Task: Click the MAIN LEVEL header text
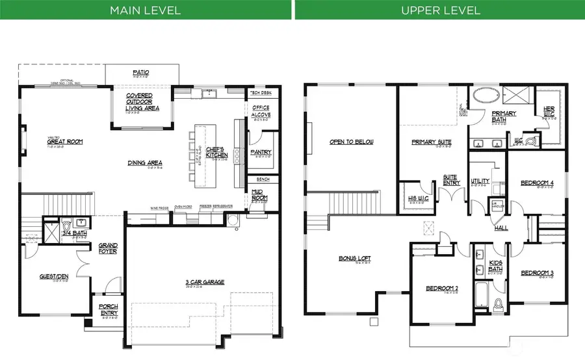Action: pyautogui.click(x=146, y=10)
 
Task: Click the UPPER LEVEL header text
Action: pyautogui.click(x=440, y=10)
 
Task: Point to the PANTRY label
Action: pyautogui.click(x=261, y=153)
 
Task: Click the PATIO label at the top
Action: pyautogui.click(x=142, y=72)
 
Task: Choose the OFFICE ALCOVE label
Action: pyautogui.click(x=261, y=111)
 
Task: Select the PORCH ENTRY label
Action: pyautogui.click(x=108, y=309)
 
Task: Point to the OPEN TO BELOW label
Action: pyautogui.click(x=351, y=142)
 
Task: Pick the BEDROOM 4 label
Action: pyautogui.click(x=537, y=183)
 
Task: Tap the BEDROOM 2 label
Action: pyautogui.click(x=442, y=288)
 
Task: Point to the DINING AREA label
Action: pyautogui.click(x=145, y=162)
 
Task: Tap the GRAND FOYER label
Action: pyautogui.click(x=108, y=248)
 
